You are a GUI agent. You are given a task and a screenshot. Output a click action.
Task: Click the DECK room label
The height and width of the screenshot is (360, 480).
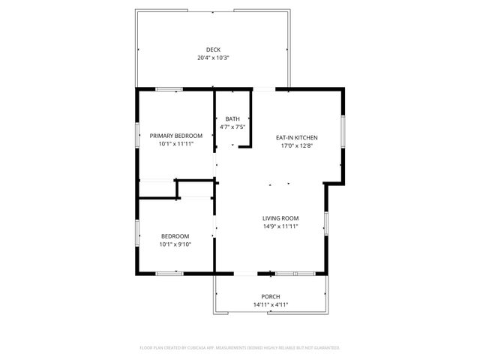point(214,49)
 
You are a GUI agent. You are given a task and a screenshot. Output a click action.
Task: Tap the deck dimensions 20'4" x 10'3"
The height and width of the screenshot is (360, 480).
point(214,58)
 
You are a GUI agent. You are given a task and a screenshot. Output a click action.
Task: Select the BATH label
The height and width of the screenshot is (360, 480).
point(232,118)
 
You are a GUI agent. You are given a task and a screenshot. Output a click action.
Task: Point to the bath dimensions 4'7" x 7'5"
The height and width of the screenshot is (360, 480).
point(232,127)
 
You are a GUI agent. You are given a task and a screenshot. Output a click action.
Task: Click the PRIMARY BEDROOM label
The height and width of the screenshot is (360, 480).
point(176,136)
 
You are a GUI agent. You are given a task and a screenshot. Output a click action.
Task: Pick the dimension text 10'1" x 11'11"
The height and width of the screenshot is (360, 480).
point(176,144)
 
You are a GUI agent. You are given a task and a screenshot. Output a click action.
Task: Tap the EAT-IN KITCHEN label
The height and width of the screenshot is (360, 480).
point(298,138)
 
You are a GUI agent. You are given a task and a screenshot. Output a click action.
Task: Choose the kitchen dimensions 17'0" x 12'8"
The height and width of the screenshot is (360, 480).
point(298,146)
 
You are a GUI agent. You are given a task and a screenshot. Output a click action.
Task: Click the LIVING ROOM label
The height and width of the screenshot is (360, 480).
point(280,218)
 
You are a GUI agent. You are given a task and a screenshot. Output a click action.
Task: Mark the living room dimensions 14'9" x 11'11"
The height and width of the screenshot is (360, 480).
point(280,226)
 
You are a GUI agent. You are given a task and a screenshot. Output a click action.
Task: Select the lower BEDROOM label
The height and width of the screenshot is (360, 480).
point(176,236)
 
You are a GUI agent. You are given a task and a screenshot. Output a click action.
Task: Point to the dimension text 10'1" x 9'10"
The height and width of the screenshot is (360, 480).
point(176,244)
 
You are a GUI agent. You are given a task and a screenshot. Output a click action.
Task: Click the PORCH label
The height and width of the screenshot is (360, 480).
point(271,296)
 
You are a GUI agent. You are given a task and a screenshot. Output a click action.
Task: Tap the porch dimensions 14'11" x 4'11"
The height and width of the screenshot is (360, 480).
point(271,304)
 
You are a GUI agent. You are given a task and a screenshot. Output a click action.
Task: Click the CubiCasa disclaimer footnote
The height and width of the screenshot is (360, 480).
point(240,348)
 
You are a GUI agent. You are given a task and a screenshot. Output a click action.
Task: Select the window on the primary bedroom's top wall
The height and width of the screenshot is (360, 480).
point(169,89)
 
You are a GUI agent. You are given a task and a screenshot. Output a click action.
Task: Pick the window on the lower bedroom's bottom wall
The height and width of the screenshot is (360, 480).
point(169,274)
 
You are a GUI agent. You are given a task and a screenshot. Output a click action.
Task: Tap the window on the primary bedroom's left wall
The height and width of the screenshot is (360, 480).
point(136,135)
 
